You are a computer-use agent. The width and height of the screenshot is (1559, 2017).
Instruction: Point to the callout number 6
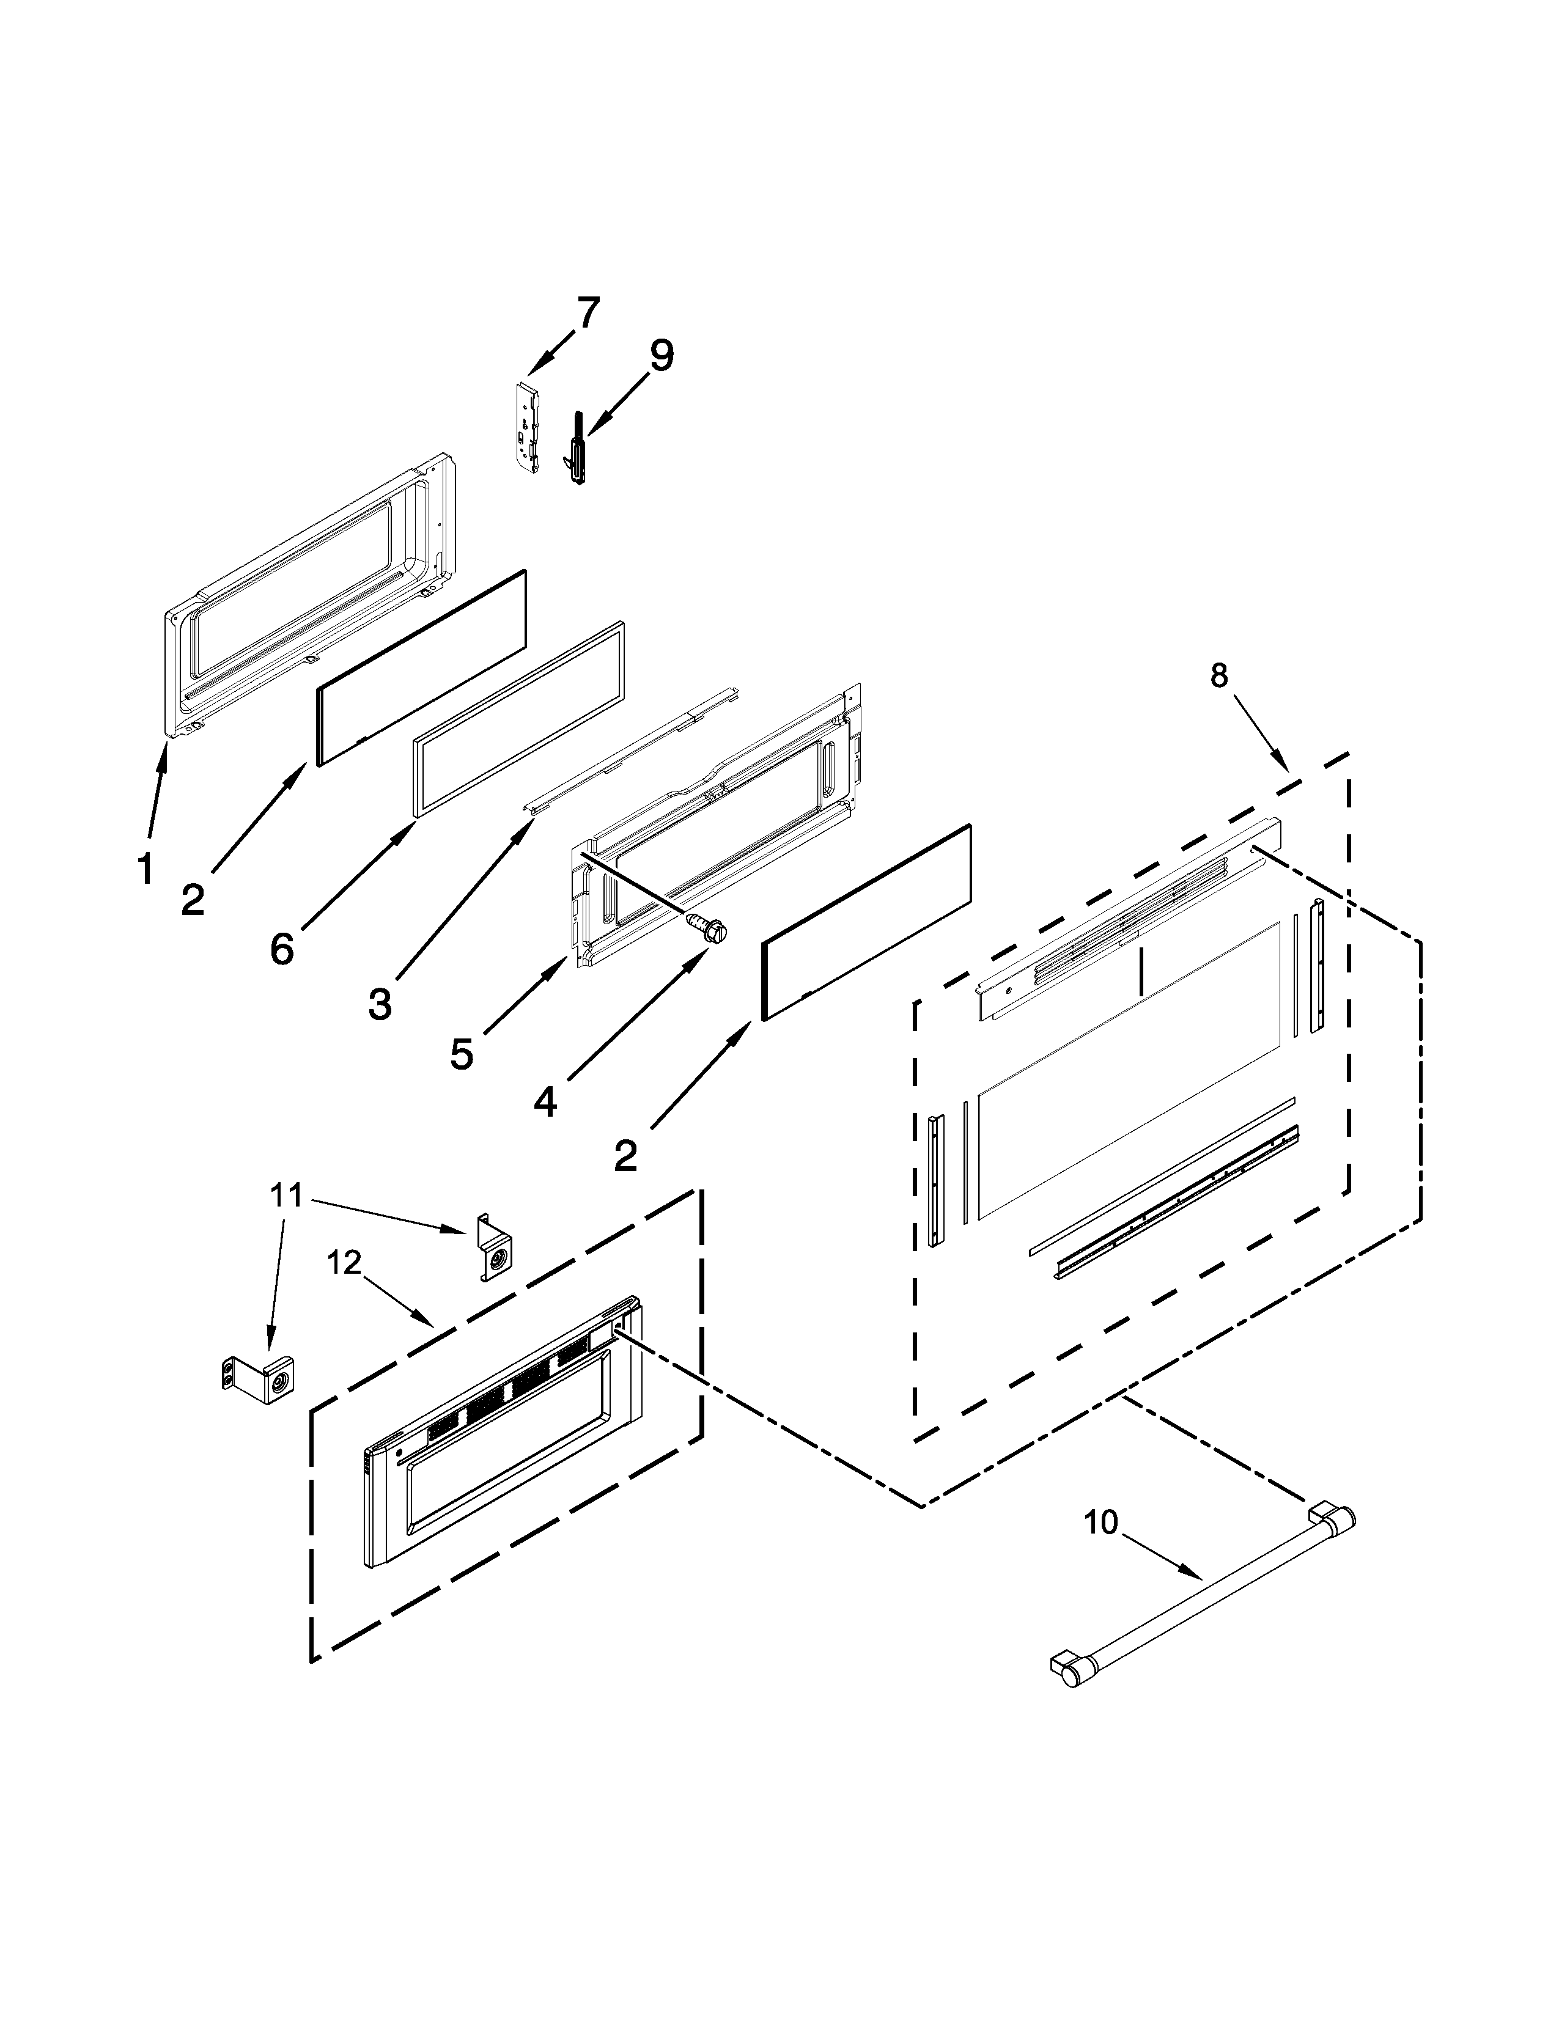(x=282, y=947)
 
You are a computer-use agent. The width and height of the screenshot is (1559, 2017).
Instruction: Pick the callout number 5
(x=462, y=1054)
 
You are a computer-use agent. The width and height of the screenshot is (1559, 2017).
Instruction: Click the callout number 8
(x=1219, y=676)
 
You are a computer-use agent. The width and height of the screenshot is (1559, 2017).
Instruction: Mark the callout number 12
(x=344, y=1263)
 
